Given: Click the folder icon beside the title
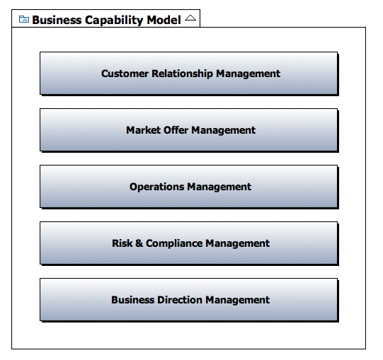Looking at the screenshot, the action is [x=24, y=19].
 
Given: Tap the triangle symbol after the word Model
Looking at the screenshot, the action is [x=190, y=18].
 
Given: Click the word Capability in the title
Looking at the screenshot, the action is [x=114, y=21].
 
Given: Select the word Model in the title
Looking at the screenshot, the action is [x=164, y=20].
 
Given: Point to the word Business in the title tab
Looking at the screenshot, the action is [x=57, y=20].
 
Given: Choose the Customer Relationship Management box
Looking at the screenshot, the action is [x=189, y=74].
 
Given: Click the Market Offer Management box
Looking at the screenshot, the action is [x=189, y=130].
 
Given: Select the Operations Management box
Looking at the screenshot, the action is [x=189, y=187].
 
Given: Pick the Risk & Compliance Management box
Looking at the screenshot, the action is [x=189, y=243].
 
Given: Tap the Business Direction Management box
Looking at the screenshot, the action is [x=189, y=300].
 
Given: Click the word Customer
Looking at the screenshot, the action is [x=125, y=74].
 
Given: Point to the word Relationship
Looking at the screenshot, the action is [x=182, y=74].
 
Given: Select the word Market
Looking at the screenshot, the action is [x=144, y=130].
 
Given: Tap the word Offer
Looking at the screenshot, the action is [x=176, y=130].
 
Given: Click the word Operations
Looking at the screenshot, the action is [x=157, y=187].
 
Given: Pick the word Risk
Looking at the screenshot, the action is [x=122, y=243].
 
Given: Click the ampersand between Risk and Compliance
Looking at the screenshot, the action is [x=139, y=243].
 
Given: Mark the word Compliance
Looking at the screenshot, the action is [x=174, y=244].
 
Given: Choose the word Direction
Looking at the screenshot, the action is [x=180, y=300].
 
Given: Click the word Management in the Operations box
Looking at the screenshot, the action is [x=219, y=187].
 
